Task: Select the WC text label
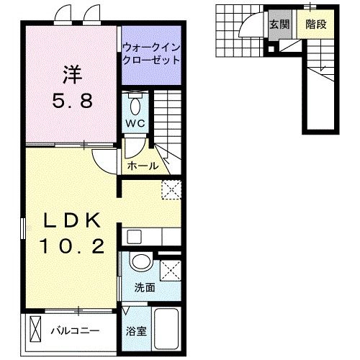pos(137,123)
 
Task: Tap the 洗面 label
pos(145,287)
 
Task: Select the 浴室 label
pos(136,333)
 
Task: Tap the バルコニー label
pos(75,332)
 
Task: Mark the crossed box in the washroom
pos(170,271)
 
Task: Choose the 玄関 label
pos(279,24)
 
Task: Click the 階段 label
pos(315,24)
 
